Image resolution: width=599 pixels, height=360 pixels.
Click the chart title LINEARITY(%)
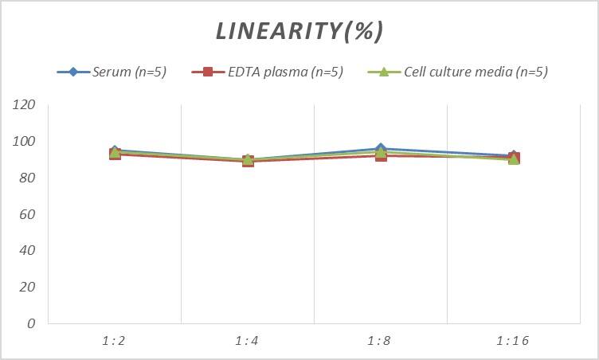pos(299,31)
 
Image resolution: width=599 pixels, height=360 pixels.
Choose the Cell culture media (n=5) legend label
pos(476,72)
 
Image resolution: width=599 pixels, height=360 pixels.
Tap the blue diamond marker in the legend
pos(73,72)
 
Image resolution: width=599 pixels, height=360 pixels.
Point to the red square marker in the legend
pos(209,72)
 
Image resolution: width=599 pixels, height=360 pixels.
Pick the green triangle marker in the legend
pos(383,72)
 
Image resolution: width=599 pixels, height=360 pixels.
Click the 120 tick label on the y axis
pos(25,105)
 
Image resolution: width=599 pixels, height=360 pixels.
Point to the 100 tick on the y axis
pos(25,142)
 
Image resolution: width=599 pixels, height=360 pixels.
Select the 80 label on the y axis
pos(28,178)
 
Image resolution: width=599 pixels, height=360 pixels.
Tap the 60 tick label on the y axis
pos(28,214)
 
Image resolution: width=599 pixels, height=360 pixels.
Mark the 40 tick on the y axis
pos(28,250)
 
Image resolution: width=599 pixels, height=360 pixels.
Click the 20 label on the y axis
pos(28,287)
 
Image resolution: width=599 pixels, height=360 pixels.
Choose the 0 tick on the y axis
pos(31,323)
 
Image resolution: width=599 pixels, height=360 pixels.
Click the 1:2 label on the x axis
pos(114,341)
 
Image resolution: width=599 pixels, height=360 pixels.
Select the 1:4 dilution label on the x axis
pos(247,341)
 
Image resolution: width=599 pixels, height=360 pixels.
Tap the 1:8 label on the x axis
pos(380,341)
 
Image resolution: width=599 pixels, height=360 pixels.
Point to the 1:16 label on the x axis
pos(513,341)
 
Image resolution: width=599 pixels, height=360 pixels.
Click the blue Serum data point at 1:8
pos(381,148)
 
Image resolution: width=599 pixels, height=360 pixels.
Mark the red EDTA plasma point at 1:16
pos(514,157)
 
